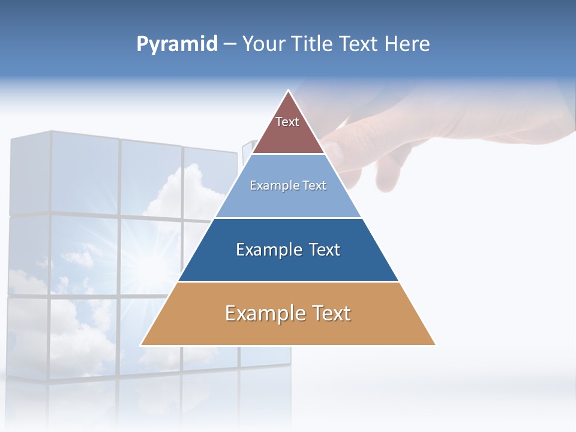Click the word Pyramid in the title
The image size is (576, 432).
tap(176, 44)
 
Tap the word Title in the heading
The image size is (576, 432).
tap(316, 44)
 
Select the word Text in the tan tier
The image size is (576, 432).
tap(329, 313)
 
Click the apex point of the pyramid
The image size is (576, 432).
tap(289, 91)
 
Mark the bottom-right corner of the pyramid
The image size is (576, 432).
tap(435, 345)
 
